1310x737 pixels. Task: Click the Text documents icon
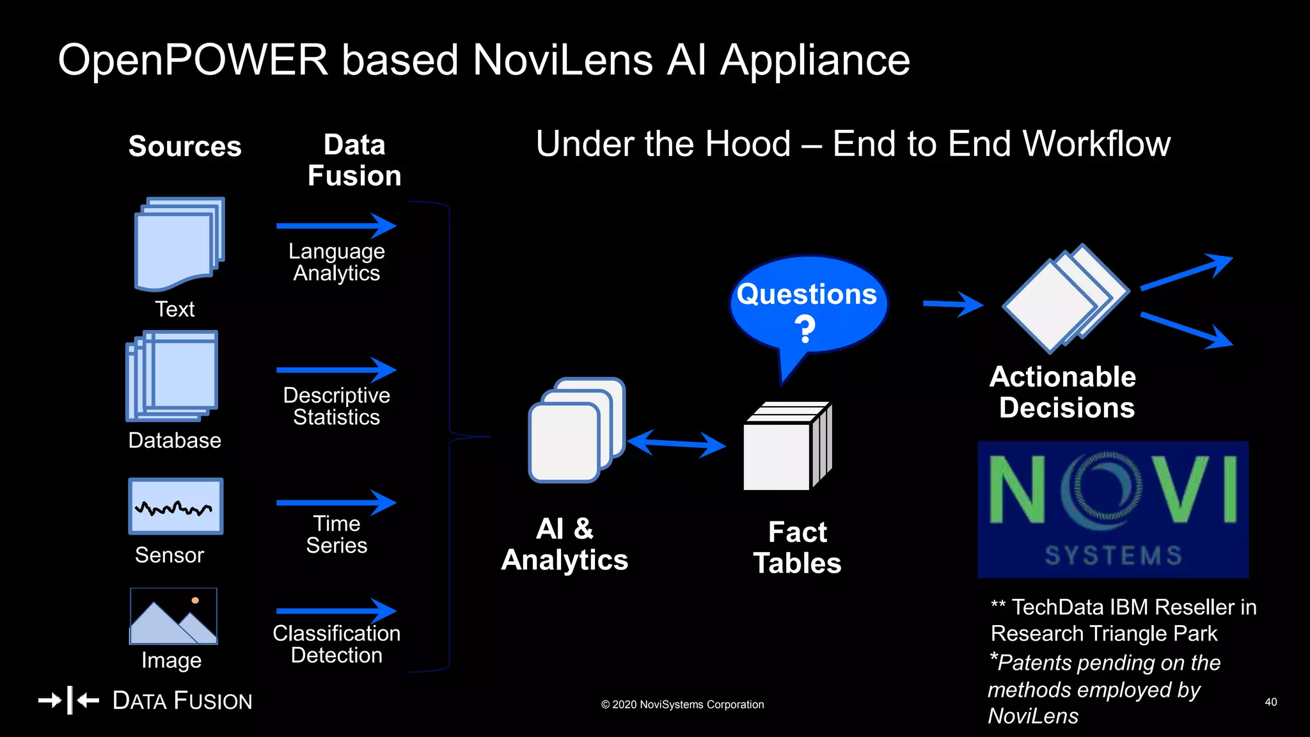point(178,244)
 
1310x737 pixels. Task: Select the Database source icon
point(172,376)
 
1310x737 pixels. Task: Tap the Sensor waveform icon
point(175,506)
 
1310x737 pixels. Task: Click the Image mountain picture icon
point(173,616)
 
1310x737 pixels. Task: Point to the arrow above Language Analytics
point(336,226)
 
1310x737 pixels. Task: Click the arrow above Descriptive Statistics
point(336,370)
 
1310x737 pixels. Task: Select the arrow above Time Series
point(336,503)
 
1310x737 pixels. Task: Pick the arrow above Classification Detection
point(336,611)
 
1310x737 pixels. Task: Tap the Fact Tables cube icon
point(787,447)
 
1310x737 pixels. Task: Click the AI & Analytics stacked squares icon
point(576,430)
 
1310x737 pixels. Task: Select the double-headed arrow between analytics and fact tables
point(676,443)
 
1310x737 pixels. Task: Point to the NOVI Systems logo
point(1112,509)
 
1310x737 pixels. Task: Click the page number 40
point(1270,702)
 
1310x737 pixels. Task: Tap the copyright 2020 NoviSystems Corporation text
point(682,704)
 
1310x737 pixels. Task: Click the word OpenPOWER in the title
point(193,60)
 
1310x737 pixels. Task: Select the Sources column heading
point(185,146)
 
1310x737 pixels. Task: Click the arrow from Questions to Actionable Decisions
point(952,305)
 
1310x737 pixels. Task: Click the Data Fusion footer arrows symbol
point(69,701)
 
